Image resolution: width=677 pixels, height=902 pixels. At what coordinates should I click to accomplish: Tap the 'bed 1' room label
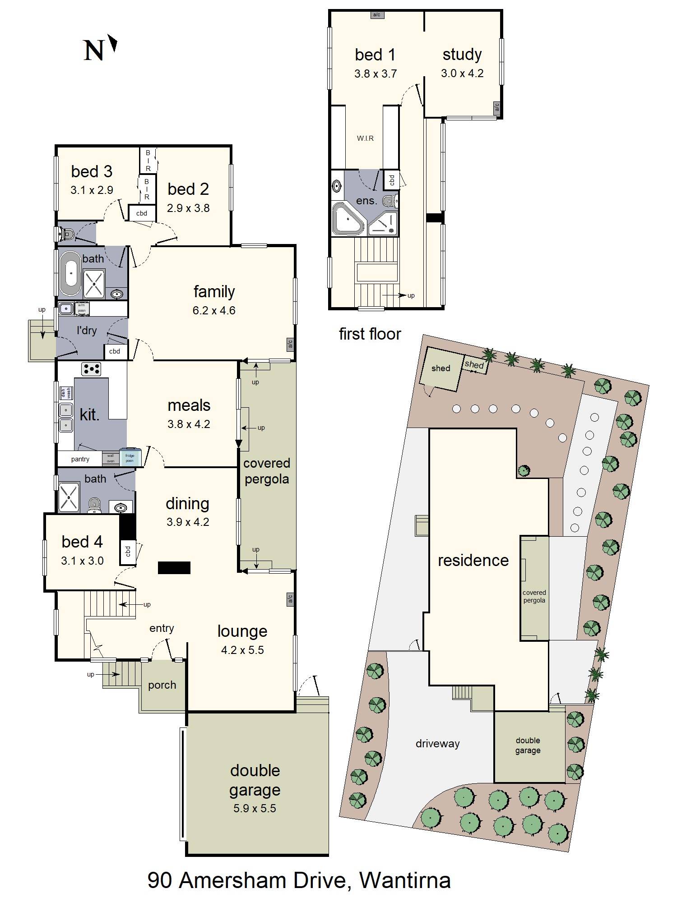(375, 55)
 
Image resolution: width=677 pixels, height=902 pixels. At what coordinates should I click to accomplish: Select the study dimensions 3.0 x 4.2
(462, 73)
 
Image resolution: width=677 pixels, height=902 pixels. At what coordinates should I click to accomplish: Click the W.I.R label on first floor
(365, 138)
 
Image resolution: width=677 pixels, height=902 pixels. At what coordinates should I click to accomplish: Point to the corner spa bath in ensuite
(348, 219)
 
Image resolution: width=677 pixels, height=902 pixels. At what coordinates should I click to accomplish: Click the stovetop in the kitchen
(91, 369)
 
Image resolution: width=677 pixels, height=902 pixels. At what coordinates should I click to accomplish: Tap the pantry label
(80, 459)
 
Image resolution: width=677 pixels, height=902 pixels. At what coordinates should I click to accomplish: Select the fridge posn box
(130, 458)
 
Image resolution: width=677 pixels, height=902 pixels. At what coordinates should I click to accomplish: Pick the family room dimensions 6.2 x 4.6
(214, 310)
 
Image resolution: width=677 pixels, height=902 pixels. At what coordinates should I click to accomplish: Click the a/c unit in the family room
(290, 344)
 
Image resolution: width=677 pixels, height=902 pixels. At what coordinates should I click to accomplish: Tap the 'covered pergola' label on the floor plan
(267, 471)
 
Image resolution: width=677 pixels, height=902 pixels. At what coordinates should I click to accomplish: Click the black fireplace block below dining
(174, 568)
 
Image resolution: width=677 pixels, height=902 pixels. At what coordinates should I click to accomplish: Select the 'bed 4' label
(82, 542)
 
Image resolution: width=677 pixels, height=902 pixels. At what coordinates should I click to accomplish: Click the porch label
(162, 685)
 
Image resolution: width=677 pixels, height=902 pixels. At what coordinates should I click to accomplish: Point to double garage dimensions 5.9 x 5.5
(255, 808)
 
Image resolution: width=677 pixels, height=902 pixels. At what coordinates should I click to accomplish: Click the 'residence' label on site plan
(473, 560)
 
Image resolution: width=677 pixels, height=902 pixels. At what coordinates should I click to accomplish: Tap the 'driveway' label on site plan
(437, 743)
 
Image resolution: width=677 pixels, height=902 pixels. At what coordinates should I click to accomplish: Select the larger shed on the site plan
(440, 369)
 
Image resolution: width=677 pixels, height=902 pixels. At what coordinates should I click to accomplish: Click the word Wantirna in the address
(405, 880)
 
